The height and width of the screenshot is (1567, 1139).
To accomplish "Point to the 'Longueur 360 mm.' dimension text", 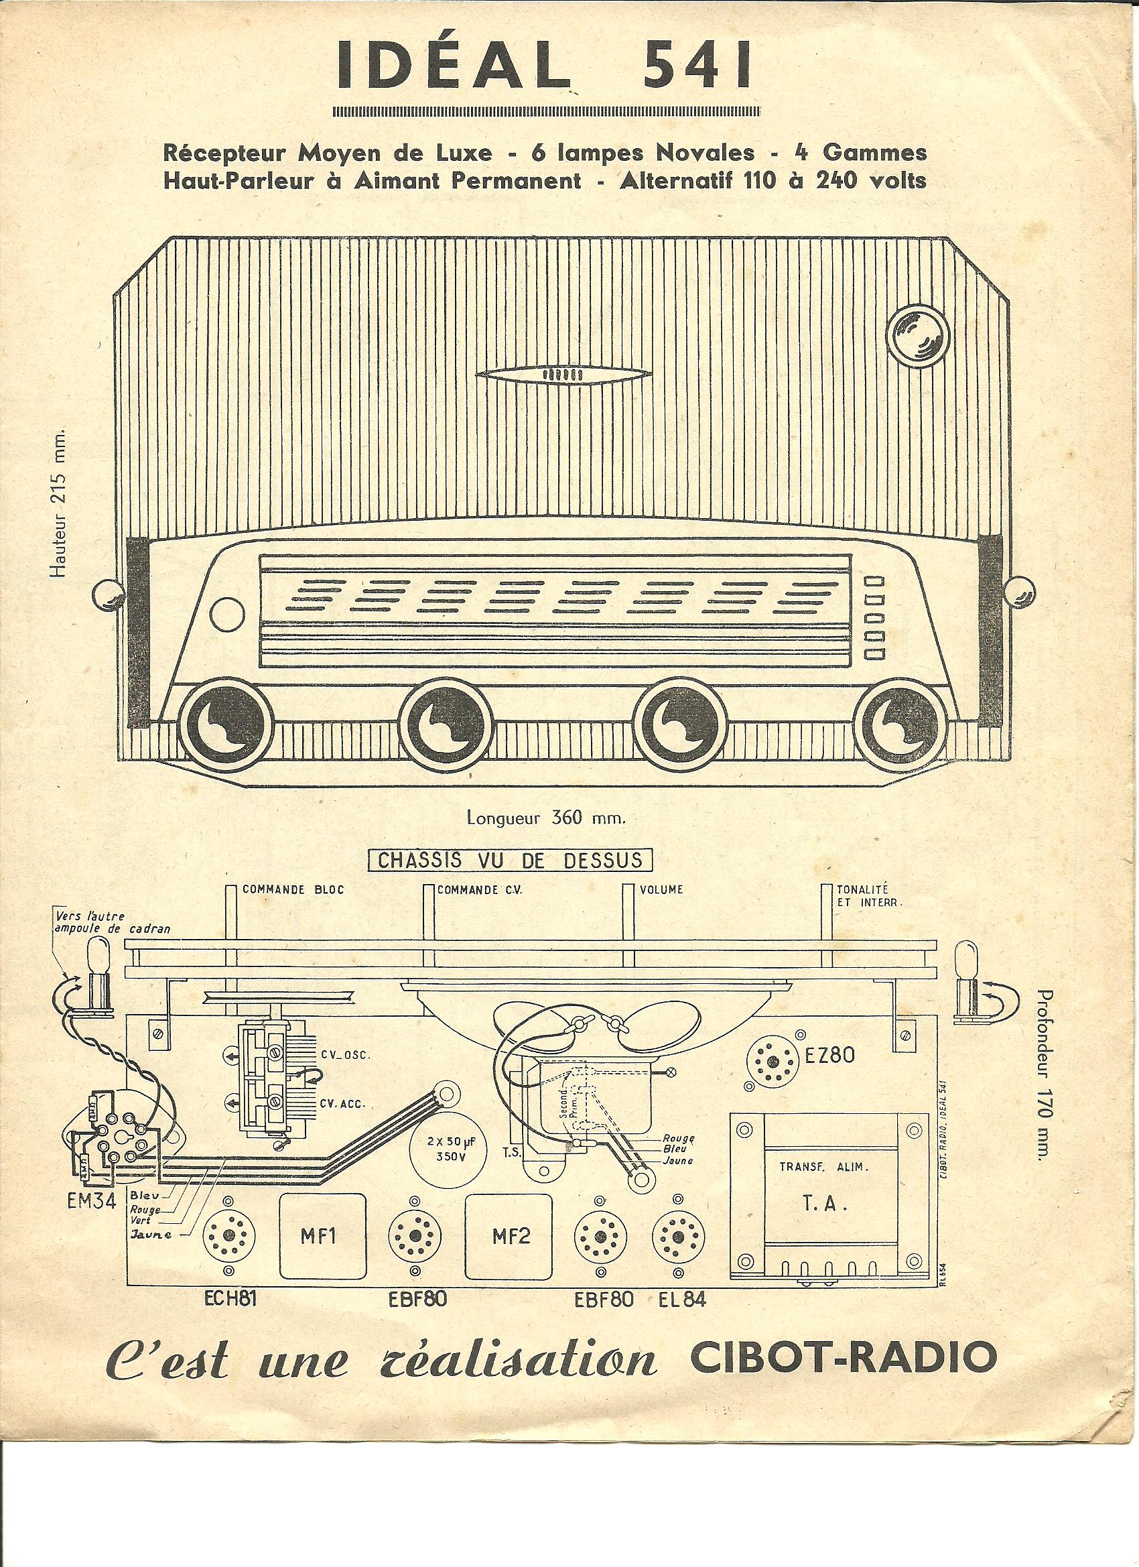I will pos(546,819).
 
